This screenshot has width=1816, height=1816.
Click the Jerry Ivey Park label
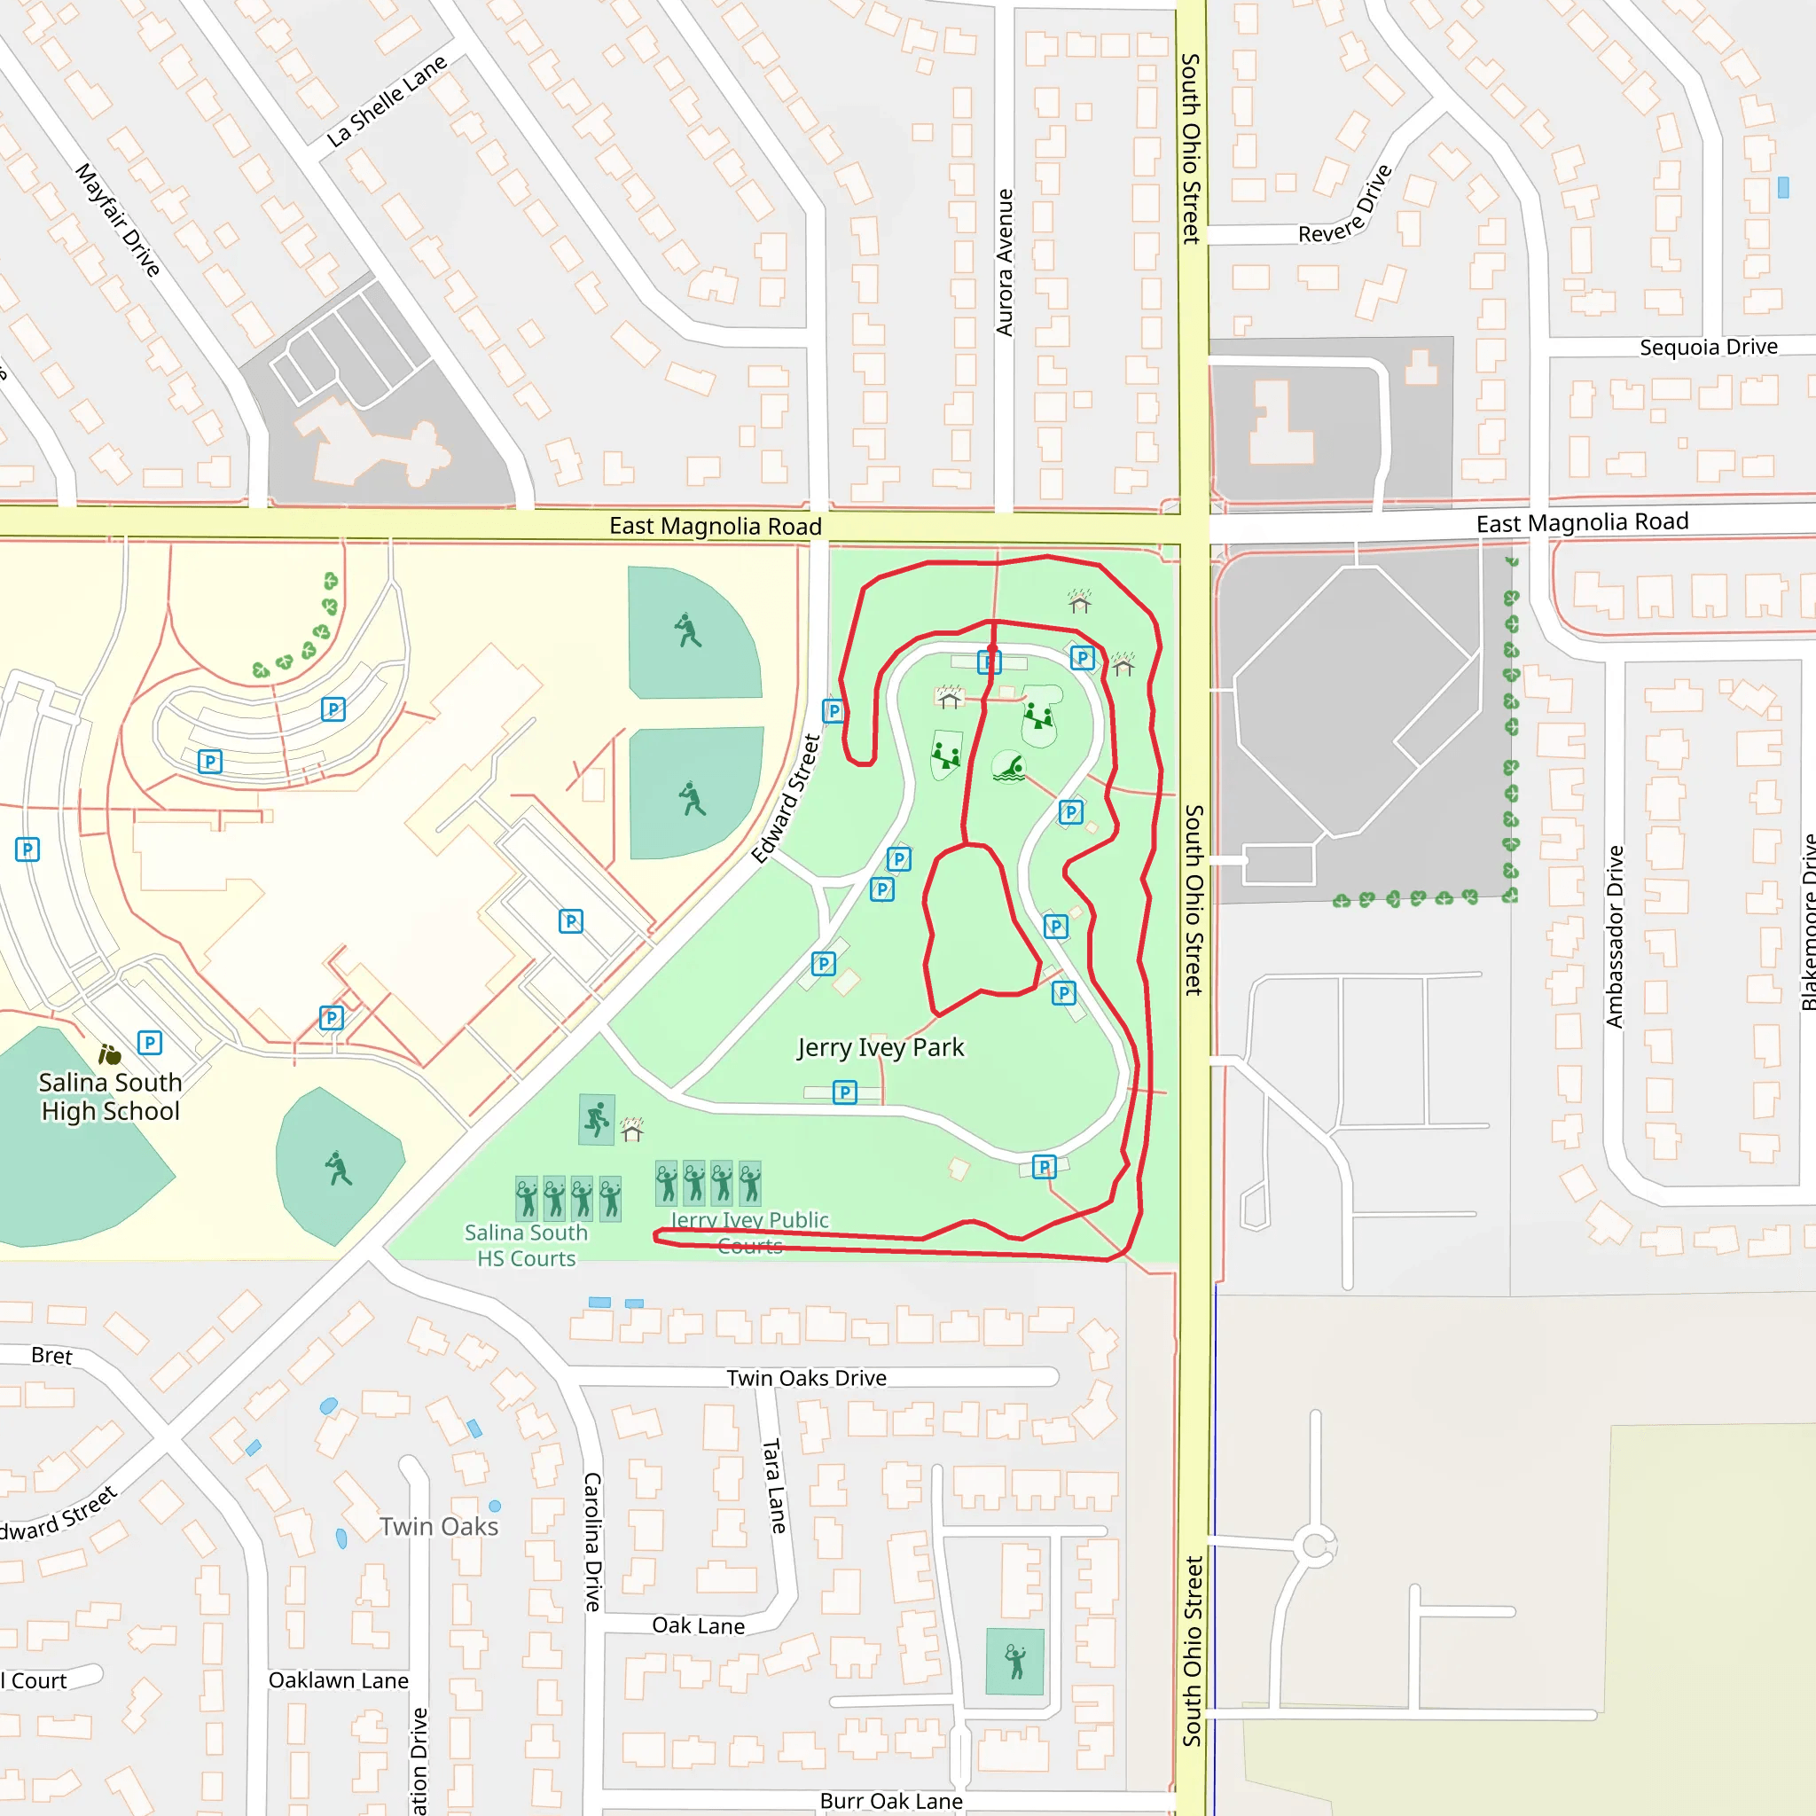coord(880,1047)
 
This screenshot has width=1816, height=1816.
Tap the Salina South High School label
coord(110,1097)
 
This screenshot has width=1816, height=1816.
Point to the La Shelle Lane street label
coord(387,101)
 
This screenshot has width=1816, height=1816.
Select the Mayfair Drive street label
coord(119,219)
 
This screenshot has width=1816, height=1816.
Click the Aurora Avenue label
coord(1005,262)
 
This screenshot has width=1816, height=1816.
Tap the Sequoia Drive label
coord(1708,347)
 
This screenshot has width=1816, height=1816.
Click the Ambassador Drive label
coord(1615,936)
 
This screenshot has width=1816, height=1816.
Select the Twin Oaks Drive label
coord(807,1378)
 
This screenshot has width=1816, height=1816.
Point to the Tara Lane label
coord(773,1485)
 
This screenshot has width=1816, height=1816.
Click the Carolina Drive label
coord(592,1541)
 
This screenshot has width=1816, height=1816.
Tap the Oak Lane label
coord(699,1626)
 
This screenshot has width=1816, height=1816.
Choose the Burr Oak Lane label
coord(891,1801)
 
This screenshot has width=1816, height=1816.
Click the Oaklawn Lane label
coord(339,1680)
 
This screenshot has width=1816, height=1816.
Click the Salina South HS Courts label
coord(527,1246)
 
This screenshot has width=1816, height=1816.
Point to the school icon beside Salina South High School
coord(110,1054)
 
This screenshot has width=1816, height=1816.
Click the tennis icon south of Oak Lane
coord(1015,1661)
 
